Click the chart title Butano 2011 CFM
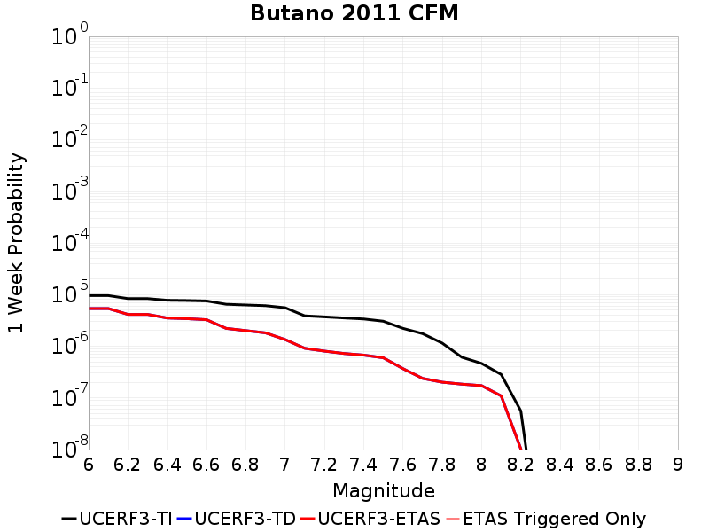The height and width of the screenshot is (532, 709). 354,13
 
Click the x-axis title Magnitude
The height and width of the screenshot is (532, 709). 383,491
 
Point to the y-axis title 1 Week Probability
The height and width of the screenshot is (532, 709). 16,243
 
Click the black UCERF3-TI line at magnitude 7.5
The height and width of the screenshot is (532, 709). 383,321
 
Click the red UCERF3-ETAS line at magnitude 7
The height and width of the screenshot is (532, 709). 284,340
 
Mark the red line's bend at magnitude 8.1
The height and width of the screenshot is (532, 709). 501,395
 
